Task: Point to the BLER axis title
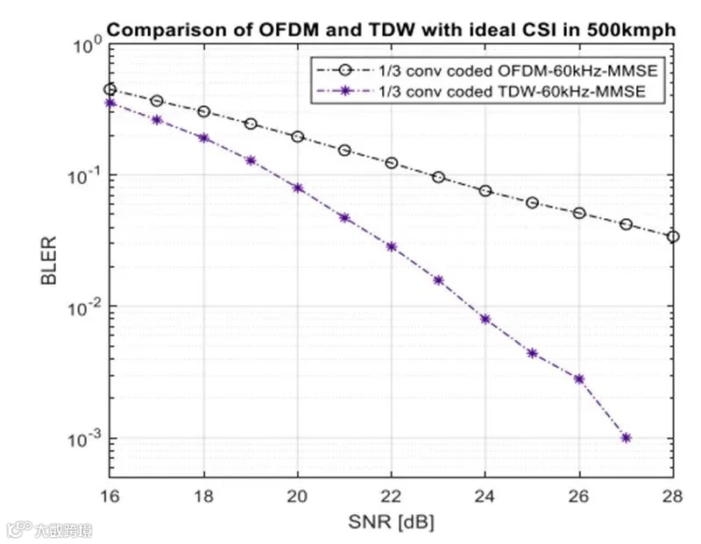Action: [x=48, y=260]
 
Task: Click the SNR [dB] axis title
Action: [x=391, y=521]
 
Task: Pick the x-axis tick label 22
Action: [x=391, y=496]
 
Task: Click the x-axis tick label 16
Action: [x=110, y=496]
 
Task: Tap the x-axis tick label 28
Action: [x=673, y=496]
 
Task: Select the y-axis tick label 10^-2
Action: [x=85, y=307]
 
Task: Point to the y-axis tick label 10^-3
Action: [x=85, y=439]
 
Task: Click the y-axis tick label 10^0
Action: [x=89, y=44]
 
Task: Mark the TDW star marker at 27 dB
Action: [x=626, y=438]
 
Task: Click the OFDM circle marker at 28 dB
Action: [x=673, y=237]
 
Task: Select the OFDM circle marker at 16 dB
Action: [x=110, y=89]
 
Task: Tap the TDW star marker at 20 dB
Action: [x=298, y=187]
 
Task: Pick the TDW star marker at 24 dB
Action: [x=485, y=319]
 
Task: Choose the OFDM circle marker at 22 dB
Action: [x=391, y=163]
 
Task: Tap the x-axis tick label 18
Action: [x=203, y=496]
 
